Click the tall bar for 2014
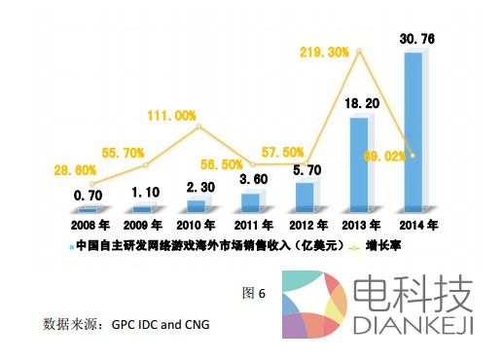tap(414, 131)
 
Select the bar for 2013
tap(359, 163)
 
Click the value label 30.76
tap(414, 38)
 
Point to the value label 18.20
tap(358, 102)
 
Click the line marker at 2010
tap(198, 126)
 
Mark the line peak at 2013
tap(360, 52)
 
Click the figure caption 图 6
tap(253, 293)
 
